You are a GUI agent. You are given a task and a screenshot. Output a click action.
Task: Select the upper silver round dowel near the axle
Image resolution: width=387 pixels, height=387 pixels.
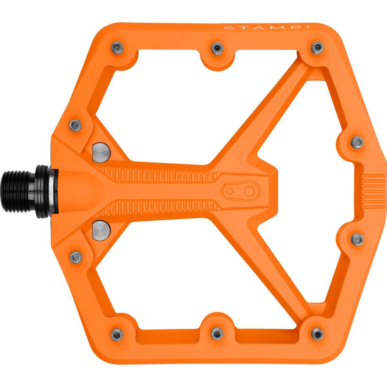click(101, 153)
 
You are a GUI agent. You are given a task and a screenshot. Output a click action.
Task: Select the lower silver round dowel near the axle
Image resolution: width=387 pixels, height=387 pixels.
click(101, 229)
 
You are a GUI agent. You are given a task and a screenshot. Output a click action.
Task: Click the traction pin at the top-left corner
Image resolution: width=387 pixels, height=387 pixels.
click(117, 48)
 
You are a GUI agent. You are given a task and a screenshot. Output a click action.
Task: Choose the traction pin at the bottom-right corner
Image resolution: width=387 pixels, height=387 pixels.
click(317, 333)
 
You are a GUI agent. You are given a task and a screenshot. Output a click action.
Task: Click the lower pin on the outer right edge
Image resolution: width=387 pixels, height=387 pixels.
click(357, 239)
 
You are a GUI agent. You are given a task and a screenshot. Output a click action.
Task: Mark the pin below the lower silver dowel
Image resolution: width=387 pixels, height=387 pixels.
click(75, 257)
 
